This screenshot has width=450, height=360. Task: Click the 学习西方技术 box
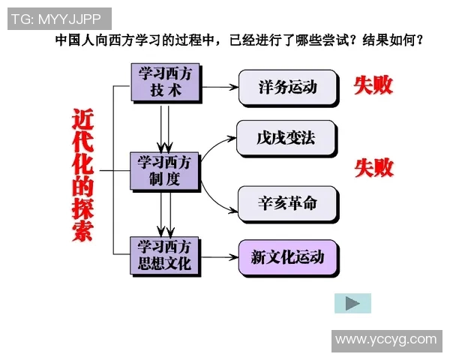165,82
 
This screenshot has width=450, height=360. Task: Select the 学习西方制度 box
165,171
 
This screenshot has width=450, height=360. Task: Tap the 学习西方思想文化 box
165,255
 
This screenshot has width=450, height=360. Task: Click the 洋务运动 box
287,87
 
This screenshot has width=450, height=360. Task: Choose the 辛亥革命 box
286,204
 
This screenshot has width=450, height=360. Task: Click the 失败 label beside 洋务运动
373,85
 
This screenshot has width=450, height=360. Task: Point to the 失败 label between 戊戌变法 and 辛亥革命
373,168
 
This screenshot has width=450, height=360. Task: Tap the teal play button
352,303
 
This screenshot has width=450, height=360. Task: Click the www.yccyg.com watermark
385,340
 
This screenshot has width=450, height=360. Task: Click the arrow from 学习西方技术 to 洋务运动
219,87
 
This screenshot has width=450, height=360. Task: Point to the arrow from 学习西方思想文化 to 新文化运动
219,258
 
